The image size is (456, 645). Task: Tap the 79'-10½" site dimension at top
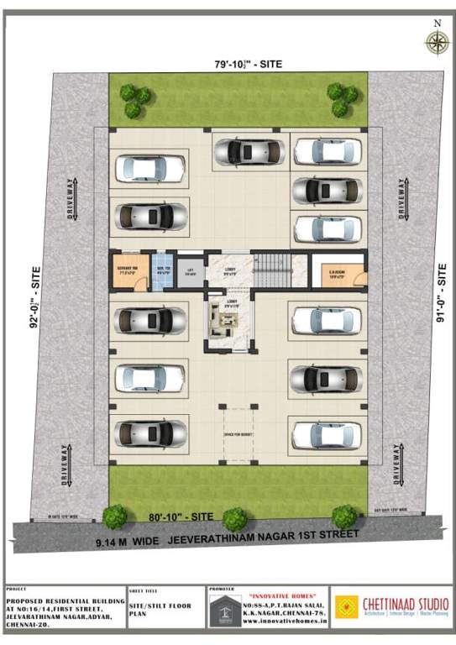point(238,65)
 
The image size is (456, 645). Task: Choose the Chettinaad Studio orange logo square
point(347,606)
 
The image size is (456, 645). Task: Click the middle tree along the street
point(235,517)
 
